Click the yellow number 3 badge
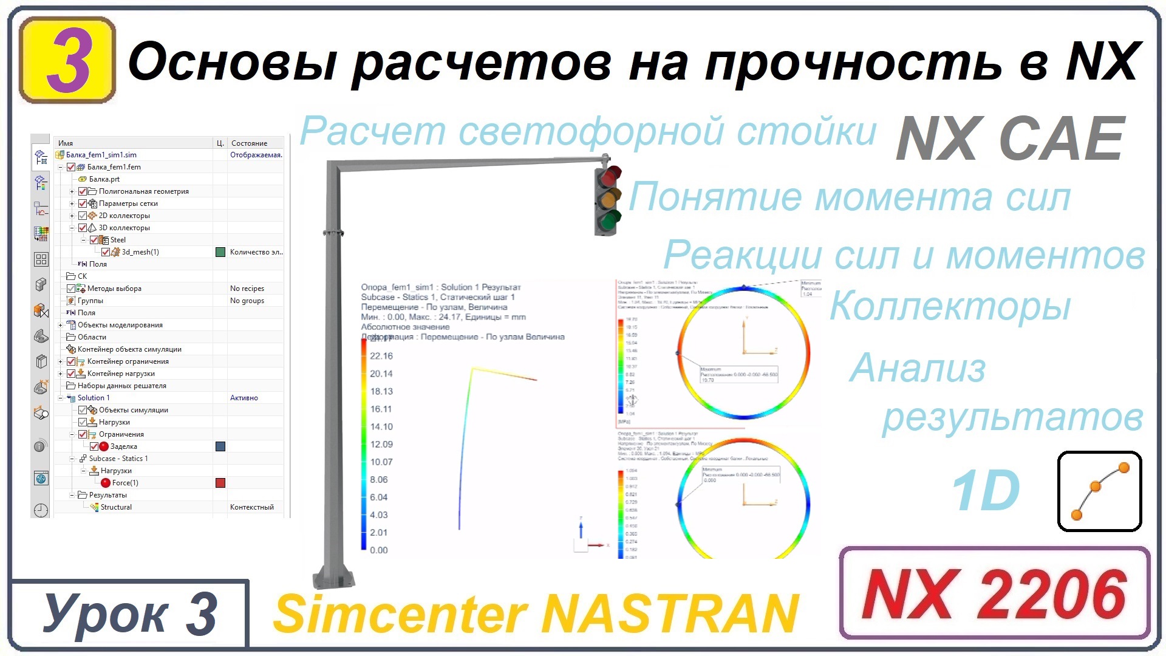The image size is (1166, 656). click(67, 60)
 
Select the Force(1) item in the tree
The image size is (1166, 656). click(125, 483)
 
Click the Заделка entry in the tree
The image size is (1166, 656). click(123, 446)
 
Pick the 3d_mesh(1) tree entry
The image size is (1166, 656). click(140, 252)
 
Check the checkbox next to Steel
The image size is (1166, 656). click(94, 240)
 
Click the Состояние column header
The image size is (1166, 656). click(249, 143)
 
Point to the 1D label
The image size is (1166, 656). click(985, 491)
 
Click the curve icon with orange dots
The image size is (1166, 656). click(1099, 491)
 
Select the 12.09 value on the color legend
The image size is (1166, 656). click(381, 444)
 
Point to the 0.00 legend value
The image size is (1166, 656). click(378, 550)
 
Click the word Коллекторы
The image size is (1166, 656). click(950, 306)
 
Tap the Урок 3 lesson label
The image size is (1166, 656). click(129, 613)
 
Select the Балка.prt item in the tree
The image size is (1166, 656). click(104, 179)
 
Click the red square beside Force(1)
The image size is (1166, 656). click(220, 483)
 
